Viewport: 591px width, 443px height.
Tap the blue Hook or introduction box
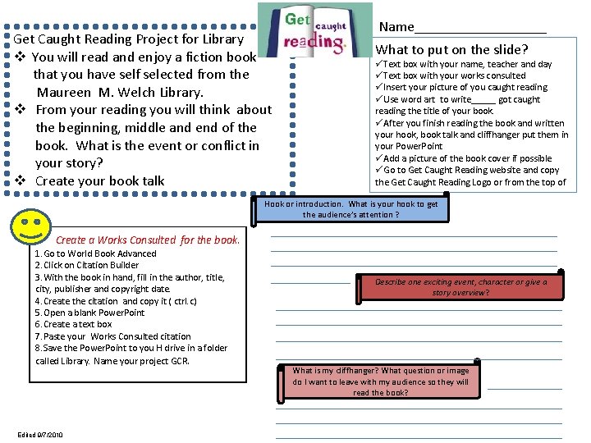pyautogui.click(x=351, y=209)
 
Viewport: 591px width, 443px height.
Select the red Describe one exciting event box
pyautogui.click(x=460, y=286)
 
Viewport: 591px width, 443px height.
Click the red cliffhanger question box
pyautogui.click(x=380, y=381)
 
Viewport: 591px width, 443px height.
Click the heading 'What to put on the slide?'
pyautogui.click(x=451, y=49)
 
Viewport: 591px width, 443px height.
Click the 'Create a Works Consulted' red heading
pyautogui.click(x=148, y=240)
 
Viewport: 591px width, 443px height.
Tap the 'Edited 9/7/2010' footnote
pyautogui.click(x=39, y=435)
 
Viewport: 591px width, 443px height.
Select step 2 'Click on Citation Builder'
pyautogui.click(x=87, y=266)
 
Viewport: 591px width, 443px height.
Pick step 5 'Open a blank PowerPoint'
pyautogui.click(x=89, y=313)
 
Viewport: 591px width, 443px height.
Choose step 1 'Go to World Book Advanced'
pyautogui.click(x=95, y=253)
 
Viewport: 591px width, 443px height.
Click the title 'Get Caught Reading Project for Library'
pyautogui.click(x=129, y=39)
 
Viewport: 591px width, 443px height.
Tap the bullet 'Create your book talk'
pyautogui.click(x=99, y=180)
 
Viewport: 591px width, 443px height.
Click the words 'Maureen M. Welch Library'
pyautogui.click(x=120, y=92)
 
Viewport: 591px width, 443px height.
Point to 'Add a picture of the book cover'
pyautogui.click(x=467, y=158)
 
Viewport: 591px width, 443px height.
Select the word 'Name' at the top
pyautogui.click(x=396, y=27)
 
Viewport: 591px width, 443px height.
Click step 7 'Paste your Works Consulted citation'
pyautogui.click(x=112, y=336)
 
